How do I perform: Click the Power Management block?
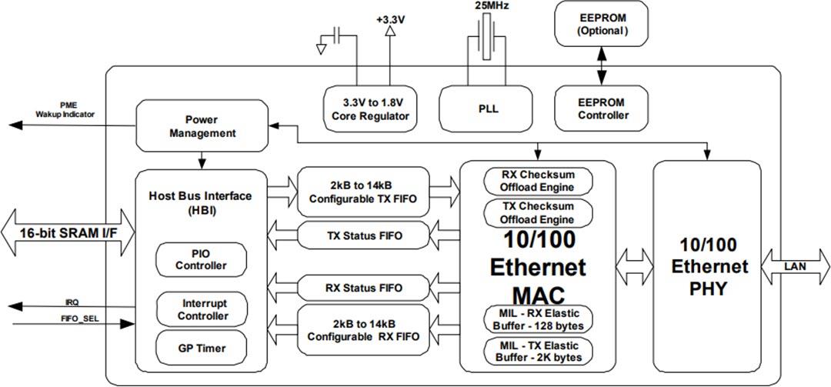tap(200, 126)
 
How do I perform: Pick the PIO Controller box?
tap(201, 260)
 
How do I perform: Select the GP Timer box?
tap(201, 348)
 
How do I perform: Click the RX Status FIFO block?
tap(362, 289)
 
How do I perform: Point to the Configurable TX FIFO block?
tap(362, 192)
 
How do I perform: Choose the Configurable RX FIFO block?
tap(362, 331)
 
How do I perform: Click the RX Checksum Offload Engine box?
tap(539, 181)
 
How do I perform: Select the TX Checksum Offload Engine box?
tap(539, 213)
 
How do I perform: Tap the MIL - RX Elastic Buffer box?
tap(539, 319)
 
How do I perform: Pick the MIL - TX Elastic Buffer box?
tap(539, 351)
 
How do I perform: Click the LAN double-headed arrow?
tap(796, 266)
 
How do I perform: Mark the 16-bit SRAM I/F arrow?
tap(68, 233)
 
